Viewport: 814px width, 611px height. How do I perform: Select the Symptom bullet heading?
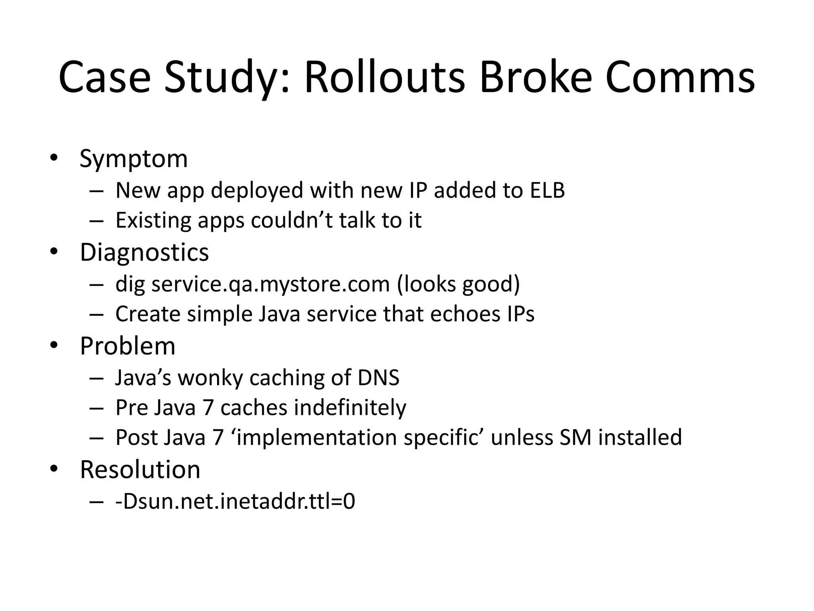134,159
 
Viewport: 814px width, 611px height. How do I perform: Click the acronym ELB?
547,190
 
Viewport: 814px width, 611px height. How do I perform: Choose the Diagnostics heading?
144,252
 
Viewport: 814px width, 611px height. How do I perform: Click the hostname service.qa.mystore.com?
271,284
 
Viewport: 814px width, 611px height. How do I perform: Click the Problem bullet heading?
128,346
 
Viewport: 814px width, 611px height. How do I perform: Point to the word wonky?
210,377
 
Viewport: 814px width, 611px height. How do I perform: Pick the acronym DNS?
378,377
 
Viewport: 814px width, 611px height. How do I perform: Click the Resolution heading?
140,470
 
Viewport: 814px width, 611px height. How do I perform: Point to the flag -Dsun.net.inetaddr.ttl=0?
235,501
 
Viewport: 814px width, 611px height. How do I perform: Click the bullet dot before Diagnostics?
54,252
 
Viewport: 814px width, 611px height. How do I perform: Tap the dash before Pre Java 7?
97,408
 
